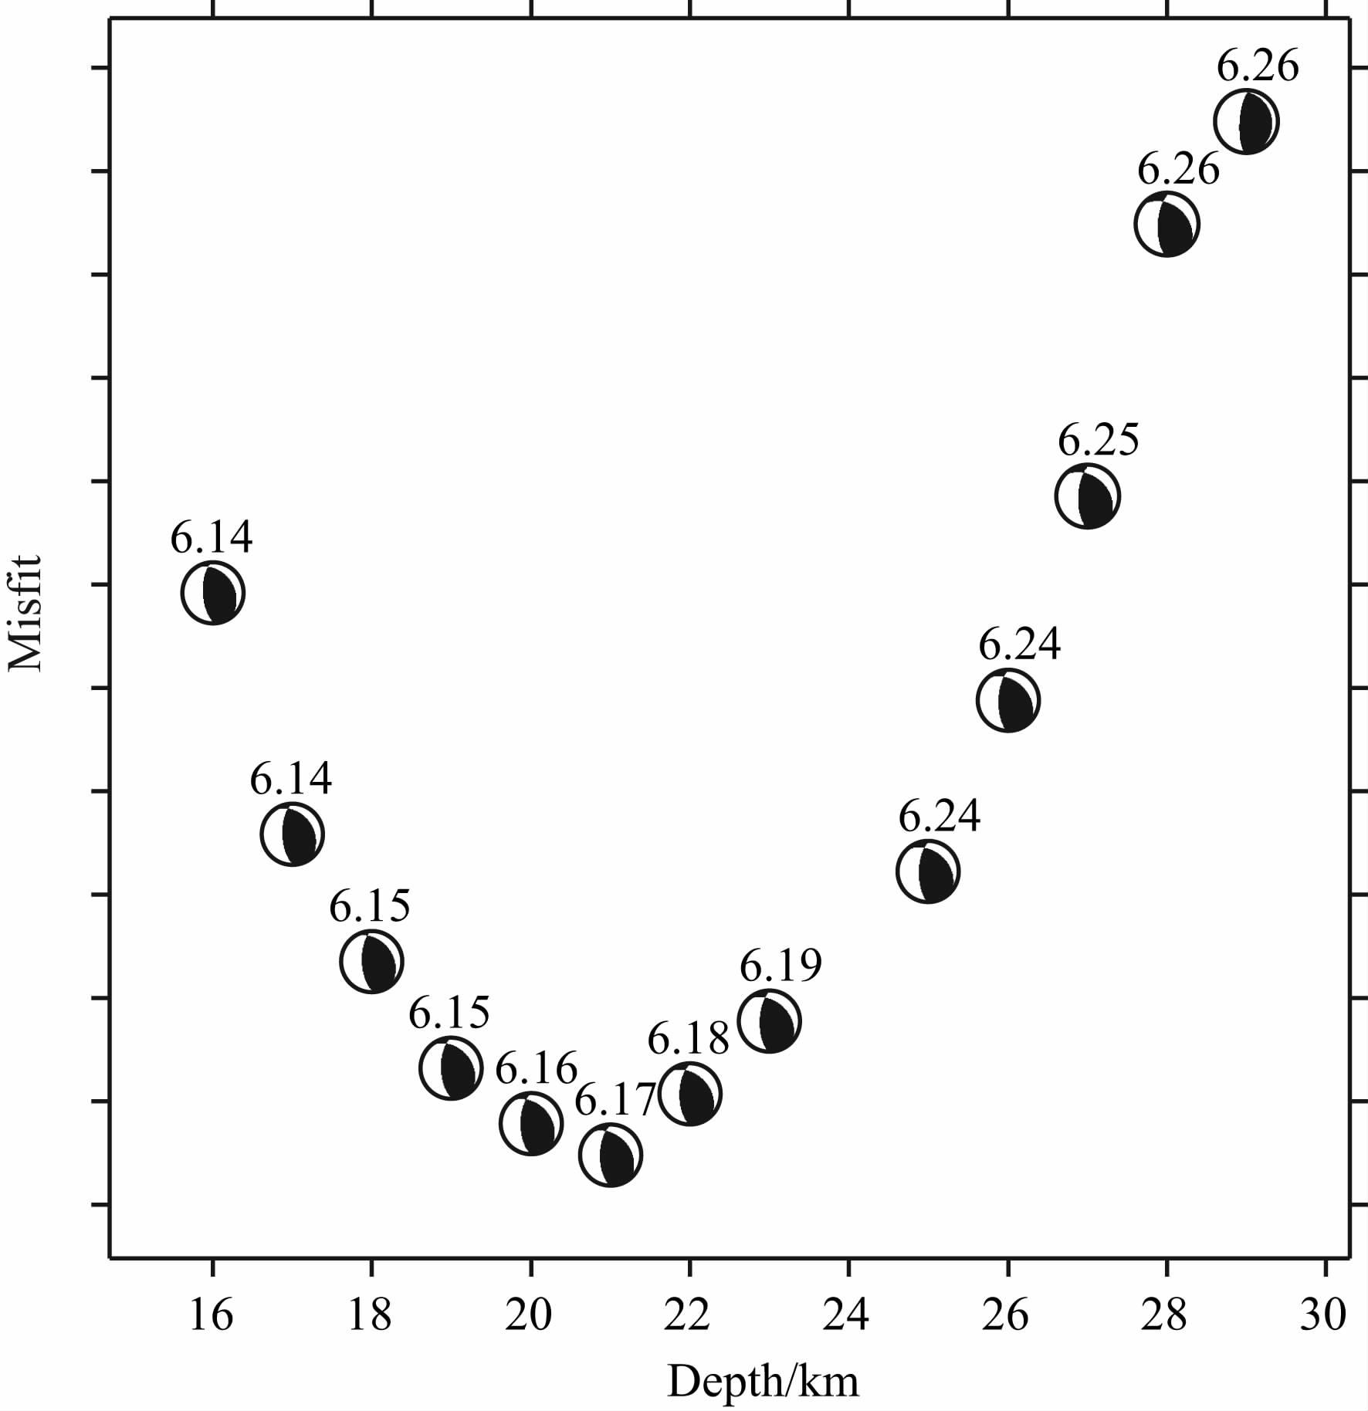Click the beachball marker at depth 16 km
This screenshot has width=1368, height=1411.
(213, 593)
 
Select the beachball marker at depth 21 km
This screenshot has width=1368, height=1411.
(610, 1156)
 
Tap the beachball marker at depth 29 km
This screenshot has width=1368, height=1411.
(1246, 121)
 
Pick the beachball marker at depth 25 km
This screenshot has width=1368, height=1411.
(928, 871)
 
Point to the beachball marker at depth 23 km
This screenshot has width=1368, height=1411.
(769, 1021)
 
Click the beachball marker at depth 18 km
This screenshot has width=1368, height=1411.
(372, 961)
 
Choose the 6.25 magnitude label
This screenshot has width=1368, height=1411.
(1098, 441)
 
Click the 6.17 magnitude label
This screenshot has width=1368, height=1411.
(615, 1100)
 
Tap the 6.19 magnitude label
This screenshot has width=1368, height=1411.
(781, 965)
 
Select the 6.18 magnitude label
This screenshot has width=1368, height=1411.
(688, 1038)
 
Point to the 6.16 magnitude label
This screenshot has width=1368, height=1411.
(536, 1068)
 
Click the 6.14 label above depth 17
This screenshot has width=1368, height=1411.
(290, 779)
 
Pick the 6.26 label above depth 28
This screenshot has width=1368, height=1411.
(1178, 169)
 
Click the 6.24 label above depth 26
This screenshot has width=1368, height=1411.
(1019, 644)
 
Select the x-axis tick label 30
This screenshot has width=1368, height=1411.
(1323, 1314)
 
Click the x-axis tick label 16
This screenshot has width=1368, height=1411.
(211, 1314)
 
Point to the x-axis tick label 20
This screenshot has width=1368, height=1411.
(529, 1314)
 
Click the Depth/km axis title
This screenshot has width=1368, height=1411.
(763, 1382)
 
